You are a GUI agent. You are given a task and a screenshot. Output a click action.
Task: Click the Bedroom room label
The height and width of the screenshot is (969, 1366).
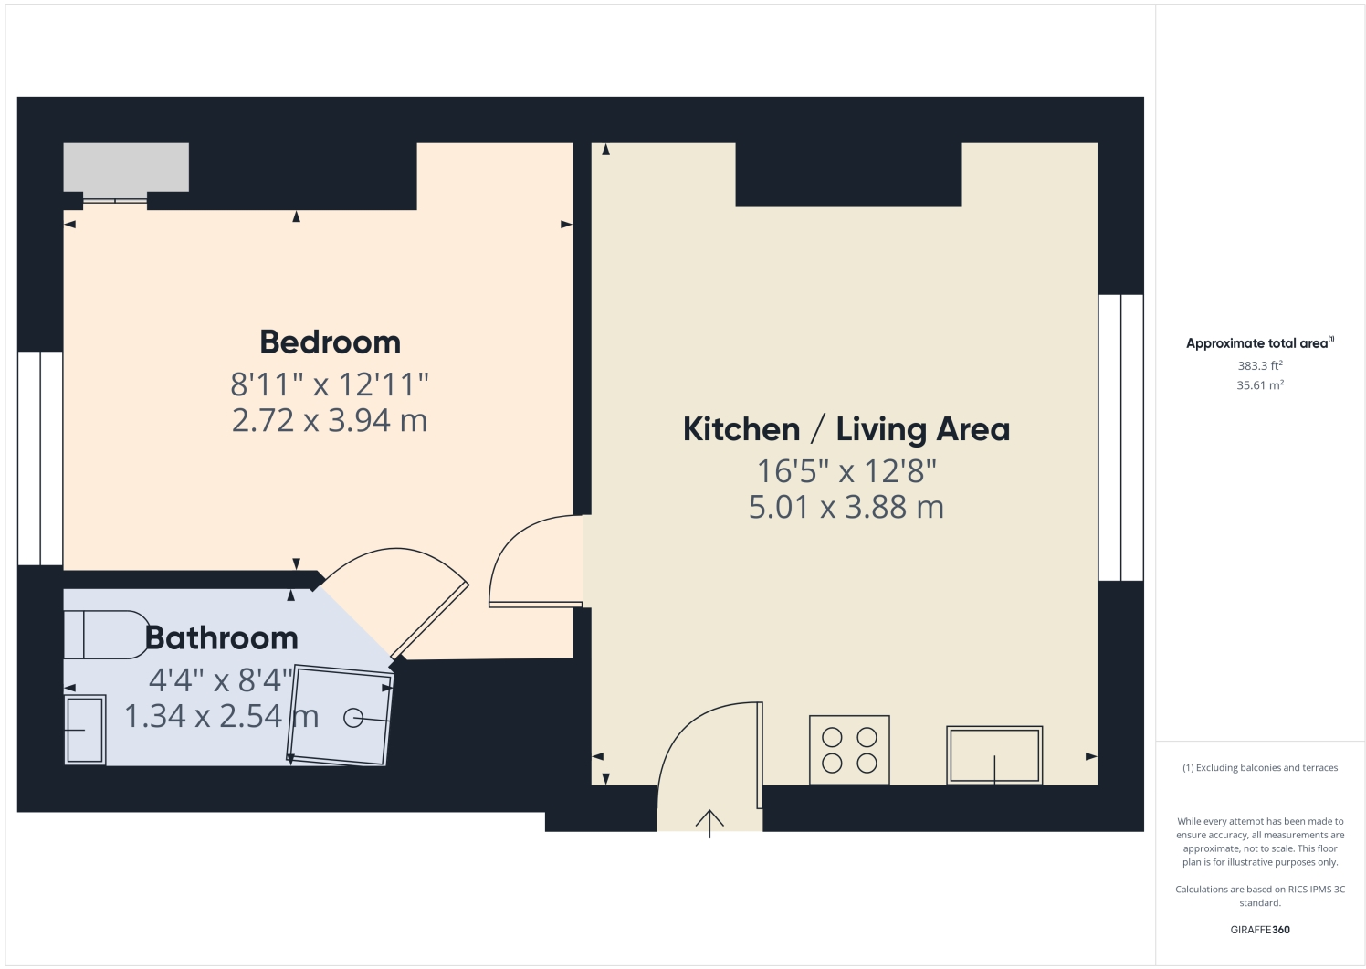[x=330, y=342]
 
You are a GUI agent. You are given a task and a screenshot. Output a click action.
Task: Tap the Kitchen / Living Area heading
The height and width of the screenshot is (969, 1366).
[x=846, y=429]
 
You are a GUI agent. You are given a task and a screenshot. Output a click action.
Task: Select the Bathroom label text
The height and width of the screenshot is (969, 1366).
[x=222, y=637]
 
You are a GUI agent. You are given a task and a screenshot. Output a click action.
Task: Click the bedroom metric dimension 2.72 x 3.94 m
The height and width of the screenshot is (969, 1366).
[x=330, y=420]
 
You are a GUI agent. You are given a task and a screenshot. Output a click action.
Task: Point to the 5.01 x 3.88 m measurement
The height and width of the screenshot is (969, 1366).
[x=846, y=507]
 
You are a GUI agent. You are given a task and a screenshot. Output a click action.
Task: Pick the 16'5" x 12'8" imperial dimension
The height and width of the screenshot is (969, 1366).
[x=846, y=471]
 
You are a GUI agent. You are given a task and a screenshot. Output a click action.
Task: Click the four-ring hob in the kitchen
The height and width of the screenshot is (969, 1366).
[x=849, y=750]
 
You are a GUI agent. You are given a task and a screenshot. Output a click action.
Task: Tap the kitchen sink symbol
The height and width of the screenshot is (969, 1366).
[x=994, y=754]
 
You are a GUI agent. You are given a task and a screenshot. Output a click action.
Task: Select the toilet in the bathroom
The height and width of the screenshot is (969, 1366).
[x=105, y=634]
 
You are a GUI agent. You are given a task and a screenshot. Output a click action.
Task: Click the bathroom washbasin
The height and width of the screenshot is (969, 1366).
[x=85, y=730]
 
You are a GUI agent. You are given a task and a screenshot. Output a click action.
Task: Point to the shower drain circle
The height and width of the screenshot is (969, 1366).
[x=353, y=719]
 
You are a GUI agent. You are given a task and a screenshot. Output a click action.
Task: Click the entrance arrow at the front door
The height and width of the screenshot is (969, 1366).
[x=709, y=822]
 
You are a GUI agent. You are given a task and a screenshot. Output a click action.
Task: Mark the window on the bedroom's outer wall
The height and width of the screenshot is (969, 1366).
[x=40, y=458]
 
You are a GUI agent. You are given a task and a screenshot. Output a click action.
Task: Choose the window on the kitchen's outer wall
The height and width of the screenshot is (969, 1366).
[x=1120, y=437]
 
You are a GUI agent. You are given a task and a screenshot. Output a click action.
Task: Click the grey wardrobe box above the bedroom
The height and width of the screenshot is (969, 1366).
[x=126, y=167]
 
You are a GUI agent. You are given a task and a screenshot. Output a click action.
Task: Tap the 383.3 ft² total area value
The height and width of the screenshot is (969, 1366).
[x=1260, y=365]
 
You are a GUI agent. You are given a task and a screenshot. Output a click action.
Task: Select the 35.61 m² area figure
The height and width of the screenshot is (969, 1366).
[x=1260, y=385]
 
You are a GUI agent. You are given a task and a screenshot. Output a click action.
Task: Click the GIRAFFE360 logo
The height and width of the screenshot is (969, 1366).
[x=1260, y=930]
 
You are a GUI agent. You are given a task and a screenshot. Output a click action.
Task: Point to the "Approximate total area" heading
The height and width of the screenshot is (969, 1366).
[x=1258, y=343]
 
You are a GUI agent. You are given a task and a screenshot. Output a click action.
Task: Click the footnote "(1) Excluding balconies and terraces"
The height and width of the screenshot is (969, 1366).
[x=1260, y=768]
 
